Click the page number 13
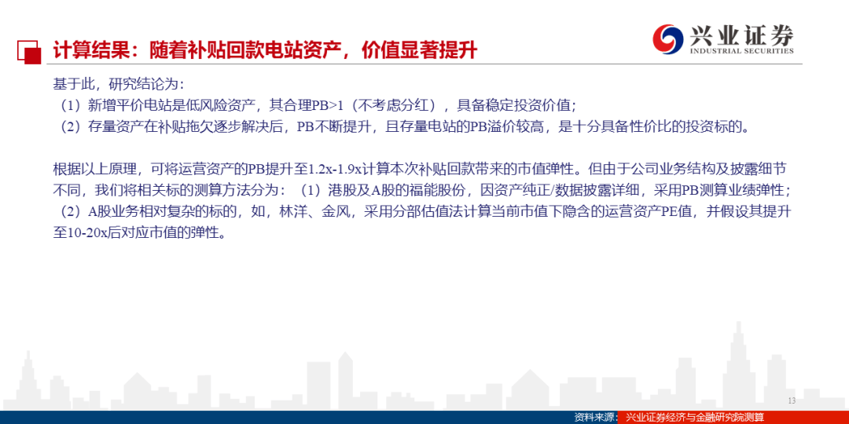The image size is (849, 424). (x=792, y=400)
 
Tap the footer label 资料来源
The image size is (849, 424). (x=593, y=418)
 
